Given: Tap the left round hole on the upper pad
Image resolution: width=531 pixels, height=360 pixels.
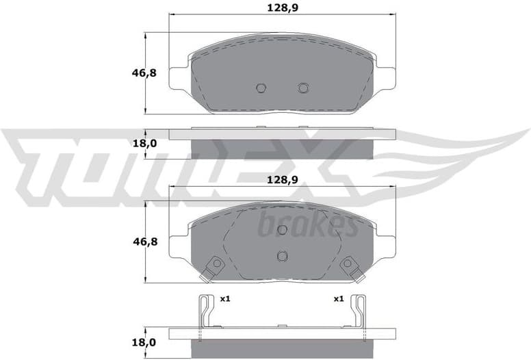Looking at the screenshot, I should click(x=260, y=88).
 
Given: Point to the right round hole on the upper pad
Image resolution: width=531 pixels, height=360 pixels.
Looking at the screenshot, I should click(x=303, y=88).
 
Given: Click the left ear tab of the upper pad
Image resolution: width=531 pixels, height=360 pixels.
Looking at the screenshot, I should click(x=179, y=77).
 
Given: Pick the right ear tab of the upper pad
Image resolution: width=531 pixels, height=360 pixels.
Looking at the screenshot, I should click(x=387, y=77).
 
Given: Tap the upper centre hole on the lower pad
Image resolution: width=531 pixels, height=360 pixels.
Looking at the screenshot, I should click(x=282, y=230).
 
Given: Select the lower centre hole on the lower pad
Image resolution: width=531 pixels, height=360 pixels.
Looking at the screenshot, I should click(x=282, y=255).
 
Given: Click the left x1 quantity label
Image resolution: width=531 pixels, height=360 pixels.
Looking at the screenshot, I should click(x=224, y=299).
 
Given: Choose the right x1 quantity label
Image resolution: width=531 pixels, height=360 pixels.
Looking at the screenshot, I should click(x=338, y=299).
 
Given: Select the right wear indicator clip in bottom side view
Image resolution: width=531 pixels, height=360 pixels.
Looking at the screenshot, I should click(x=359, y=311).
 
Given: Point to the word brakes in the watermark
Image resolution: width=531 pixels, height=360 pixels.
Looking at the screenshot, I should click(x=307, y=225).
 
